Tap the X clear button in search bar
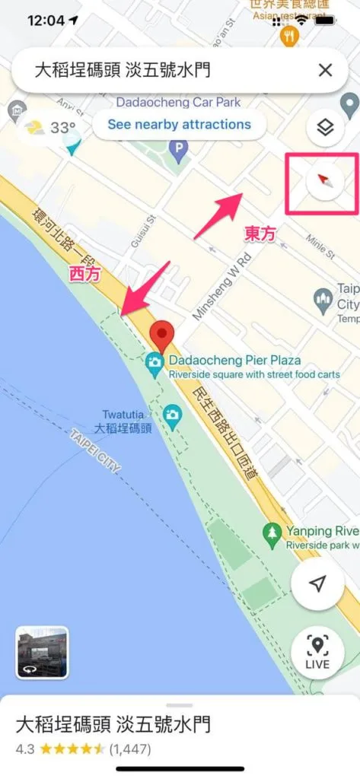[325, 71]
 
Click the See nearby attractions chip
[179, 124]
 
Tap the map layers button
[325, 127]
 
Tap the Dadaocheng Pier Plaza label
[234, 360]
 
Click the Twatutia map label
[123, 415]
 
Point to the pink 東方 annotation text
[260, 234]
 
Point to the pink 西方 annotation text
[85, 275]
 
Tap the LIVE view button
[317, 653]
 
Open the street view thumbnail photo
[43, 652]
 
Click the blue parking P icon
[180, 147]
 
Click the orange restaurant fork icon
[288, 36]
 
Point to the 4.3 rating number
[25, 749]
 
